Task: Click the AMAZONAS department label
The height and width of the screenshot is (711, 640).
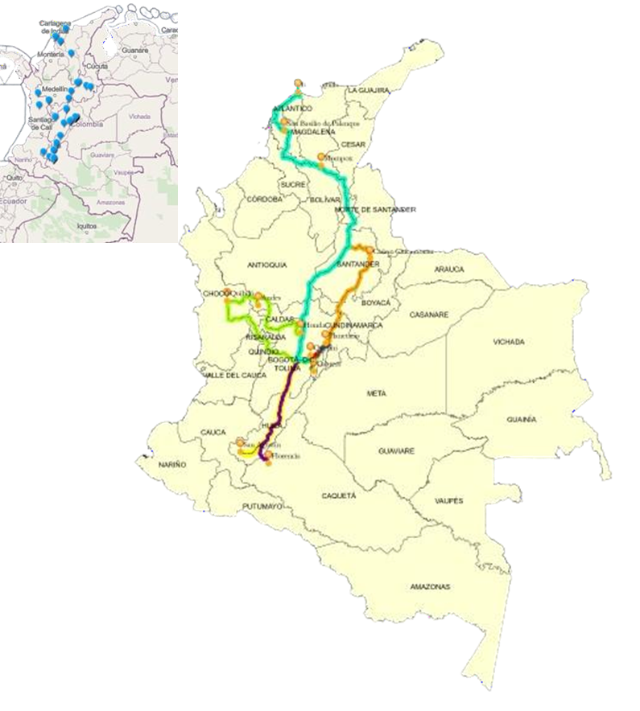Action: point(428,585)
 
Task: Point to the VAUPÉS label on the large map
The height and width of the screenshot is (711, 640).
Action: point(448,500)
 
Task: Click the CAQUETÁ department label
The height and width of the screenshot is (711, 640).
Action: point(338,496)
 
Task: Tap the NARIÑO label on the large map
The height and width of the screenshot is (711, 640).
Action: point(172,465)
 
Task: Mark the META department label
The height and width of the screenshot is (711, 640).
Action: point(376,393)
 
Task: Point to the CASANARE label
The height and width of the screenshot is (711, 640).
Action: point(428,314)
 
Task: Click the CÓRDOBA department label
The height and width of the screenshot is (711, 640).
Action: point(266,198)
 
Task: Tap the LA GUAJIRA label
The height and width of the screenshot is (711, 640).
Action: point(369,92)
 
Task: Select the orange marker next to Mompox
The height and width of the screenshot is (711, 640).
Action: point(321,157)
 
